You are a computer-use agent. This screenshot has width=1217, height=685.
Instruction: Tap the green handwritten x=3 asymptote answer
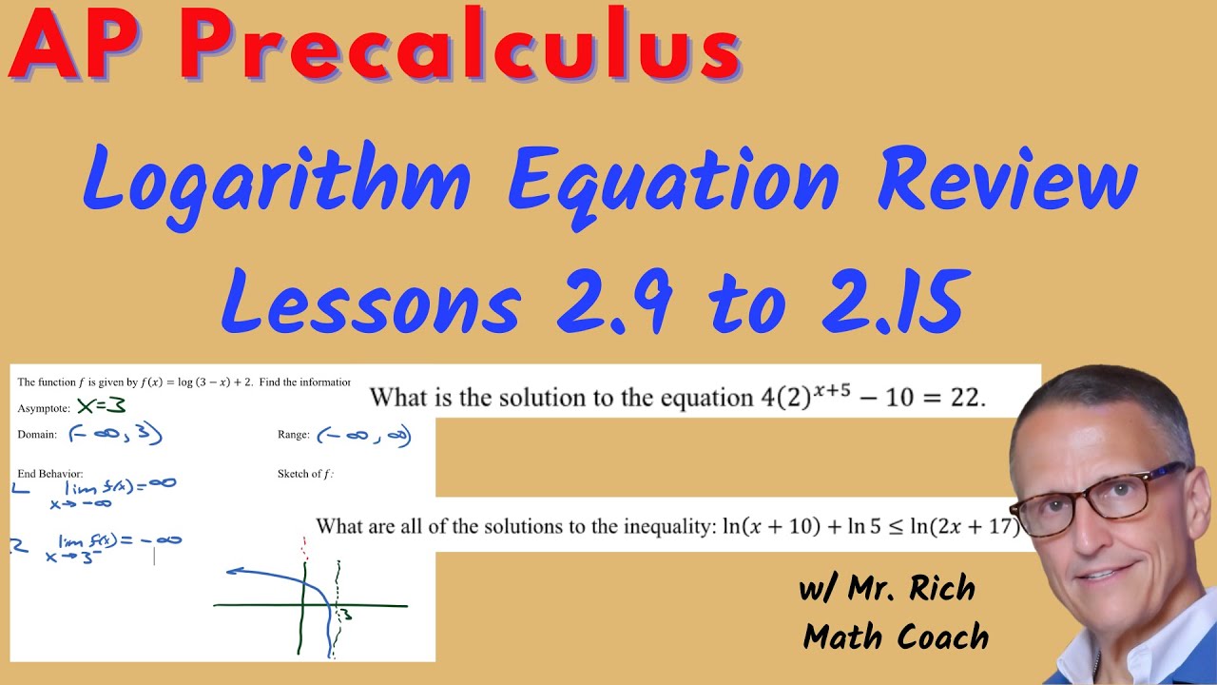point(102,406)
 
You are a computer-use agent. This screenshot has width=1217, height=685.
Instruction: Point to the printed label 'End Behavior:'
point(49,473)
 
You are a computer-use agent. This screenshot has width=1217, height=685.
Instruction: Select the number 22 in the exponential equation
point(966,398)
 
